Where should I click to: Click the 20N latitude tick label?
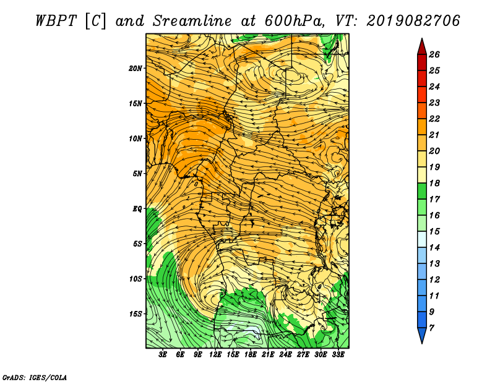tap(136, 69)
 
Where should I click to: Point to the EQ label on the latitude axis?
tap(137, 209)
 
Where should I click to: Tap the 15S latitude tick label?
tap(136, 314)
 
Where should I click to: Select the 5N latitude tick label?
tap(137, 174)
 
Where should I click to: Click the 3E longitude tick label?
tap(163, 355)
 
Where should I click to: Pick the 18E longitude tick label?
tap(251, 355)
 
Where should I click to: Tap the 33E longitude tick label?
tap(338, 355)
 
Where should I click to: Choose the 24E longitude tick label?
tap(285, 355)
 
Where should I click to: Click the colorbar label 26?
tap(434, 54)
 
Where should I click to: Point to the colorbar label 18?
tap(434, 183)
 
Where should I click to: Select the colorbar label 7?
tap(431, 328)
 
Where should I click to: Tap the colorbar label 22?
tap(434, 119)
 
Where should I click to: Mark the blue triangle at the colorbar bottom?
tap(422, 334)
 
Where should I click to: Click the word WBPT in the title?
tap(56, 21)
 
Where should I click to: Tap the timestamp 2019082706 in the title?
tap(413, 21)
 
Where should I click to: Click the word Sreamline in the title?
tap(192, 21)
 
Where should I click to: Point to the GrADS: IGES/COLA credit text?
tap(35, 377)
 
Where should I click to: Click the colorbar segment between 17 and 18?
tap(422, 191)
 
